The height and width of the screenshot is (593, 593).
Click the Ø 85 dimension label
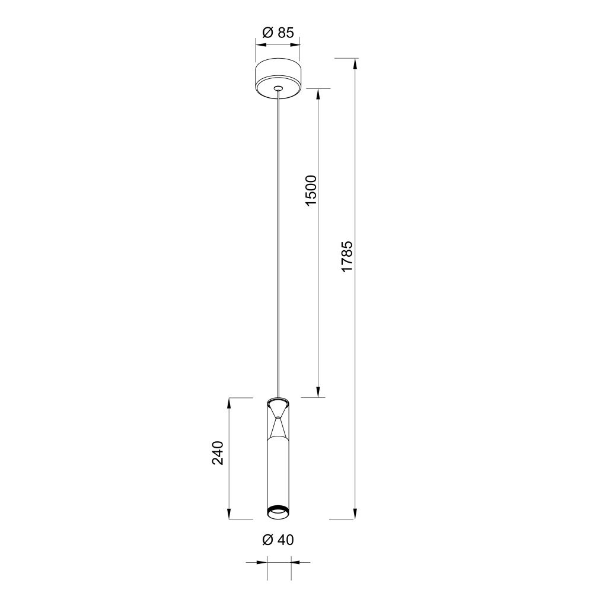278,33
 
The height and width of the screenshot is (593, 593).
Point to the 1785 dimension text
347,256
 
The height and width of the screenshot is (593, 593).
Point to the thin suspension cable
278,237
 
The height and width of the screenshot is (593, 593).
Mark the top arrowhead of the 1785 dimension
355,63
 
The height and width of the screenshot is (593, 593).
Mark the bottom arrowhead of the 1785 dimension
355,514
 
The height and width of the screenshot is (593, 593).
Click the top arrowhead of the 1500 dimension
319,94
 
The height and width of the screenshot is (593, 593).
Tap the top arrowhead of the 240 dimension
229,402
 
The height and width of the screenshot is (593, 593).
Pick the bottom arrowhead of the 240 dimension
229,514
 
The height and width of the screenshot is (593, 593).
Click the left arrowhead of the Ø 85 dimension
260,43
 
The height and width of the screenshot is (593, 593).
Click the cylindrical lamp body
278,474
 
